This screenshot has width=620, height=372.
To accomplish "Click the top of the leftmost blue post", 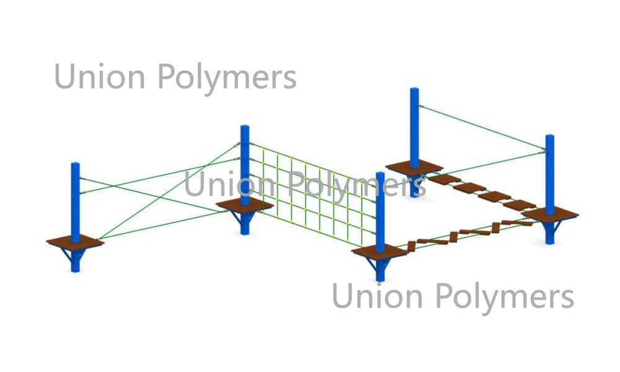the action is pos(75,164).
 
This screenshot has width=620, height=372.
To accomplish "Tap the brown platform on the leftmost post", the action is pos(75,242).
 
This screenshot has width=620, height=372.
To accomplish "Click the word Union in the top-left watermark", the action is pos(100,76).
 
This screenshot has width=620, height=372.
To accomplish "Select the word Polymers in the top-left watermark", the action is pos(227,79).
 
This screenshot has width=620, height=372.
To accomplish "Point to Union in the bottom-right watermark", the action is pos(377,296).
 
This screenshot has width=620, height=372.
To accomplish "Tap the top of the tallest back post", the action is pos(414,89).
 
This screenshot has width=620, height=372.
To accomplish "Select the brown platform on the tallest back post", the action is pos(414,167).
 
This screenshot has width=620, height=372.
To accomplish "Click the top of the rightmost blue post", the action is pos(549,136).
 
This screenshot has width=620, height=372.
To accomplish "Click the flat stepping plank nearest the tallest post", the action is pos(445,179).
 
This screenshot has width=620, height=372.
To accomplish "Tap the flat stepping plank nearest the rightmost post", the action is pos(520,205).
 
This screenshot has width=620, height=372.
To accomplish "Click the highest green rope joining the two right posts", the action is pos(482,127).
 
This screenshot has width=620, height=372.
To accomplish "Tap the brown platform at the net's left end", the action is pos(245,205).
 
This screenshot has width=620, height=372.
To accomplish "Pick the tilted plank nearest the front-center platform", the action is pos(411,246).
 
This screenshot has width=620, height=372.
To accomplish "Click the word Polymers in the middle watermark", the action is pos(356,187).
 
